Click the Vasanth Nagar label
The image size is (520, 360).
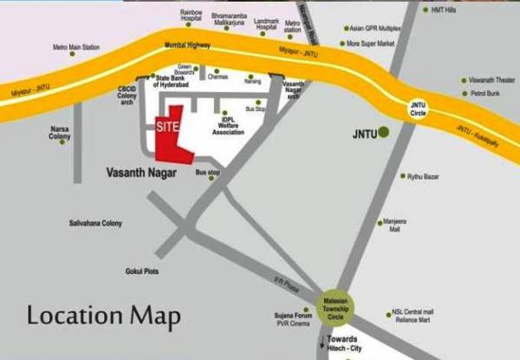pos(141,173)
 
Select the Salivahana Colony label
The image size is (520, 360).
pos(96,224)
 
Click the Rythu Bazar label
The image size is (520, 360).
pos(424,177)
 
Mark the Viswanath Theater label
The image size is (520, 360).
pos(491,79)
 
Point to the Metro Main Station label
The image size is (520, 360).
pos(76,46)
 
